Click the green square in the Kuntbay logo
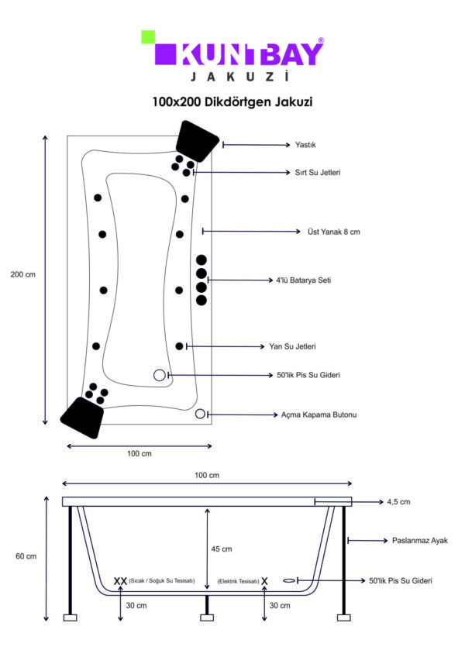(x=148, y=37)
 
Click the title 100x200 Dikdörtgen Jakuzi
(x=232, y=101)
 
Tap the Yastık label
(x=305, y=145)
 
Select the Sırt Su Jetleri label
(x=318, y=172)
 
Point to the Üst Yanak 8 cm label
(x=334, y=232)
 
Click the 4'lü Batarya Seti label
(x=304, y=280)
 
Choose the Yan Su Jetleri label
(x=292, y=346)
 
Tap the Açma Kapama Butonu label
(x=319, y=414)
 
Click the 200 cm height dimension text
(x=23, y=274)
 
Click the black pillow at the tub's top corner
(x=197, y=141)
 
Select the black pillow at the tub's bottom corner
(x=82, y=418)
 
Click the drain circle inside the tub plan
(x=160, y=375)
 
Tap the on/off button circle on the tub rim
(x=200, y=414)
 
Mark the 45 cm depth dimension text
(x=222, y=549)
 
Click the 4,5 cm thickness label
(x=398, y=502)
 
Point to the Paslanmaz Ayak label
(x=420, y=541)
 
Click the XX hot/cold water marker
(x=120, y=581)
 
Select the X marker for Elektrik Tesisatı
(x=264, y=581)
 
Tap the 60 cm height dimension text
(x=26, y=556)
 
